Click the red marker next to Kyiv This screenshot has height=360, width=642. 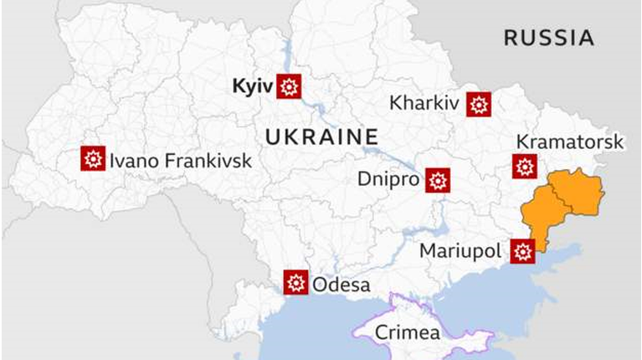click(289, 85)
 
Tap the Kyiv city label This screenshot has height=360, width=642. click(254, 85)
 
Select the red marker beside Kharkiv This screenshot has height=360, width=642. click(479, 104)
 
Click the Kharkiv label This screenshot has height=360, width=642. click(424, 104)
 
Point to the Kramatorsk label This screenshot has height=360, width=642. click(569, 141)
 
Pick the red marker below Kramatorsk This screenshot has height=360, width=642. click(525, 167)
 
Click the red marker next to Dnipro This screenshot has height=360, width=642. click(438, 180)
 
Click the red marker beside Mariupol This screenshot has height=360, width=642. click(523, 250)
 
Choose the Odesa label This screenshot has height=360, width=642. click(341, 285)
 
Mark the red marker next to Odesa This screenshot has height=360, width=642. click(295, 282)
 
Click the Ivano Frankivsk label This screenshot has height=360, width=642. click(180, 159)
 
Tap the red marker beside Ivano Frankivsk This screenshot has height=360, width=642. click(93, 158)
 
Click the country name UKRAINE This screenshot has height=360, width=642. click(321, 136)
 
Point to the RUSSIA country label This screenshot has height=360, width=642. click(548, 37)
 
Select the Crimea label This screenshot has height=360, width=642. click(407, 332)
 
